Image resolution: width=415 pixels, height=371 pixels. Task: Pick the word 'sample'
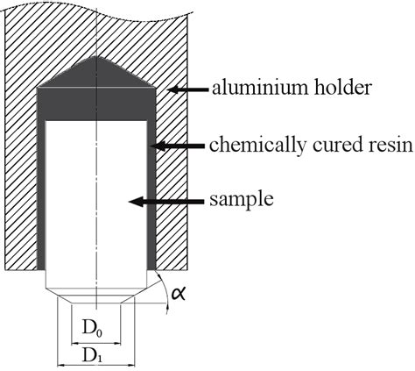242,200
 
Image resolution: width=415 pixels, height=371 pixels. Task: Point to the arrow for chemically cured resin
175,145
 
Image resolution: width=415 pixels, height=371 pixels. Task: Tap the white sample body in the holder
95,202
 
